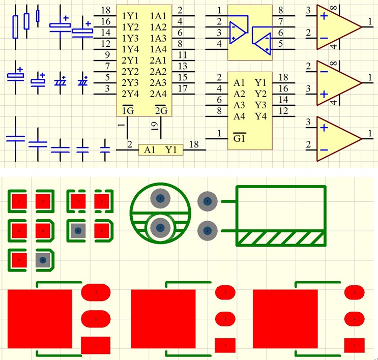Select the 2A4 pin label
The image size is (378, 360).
tap(158, 94)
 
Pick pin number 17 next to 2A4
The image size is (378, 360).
tap(183, 88)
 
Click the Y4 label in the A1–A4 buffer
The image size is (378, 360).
tap(260, 116)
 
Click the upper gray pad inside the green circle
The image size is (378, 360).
tap(161, 198)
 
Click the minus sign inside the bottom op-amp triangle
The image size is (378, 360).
tap(324, 150)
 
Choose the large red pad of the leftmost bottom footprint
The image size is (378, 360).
tap(40, 319)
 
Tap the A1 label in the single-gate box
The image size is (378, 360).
tap(150, 150)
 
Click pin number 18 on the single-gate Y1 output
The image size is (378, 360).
tap(194, 144)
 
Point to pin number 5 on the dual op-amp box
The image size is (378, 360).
tap(281, 44)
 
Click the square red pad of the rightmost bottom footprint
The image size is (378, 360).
tap(354, 345)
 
